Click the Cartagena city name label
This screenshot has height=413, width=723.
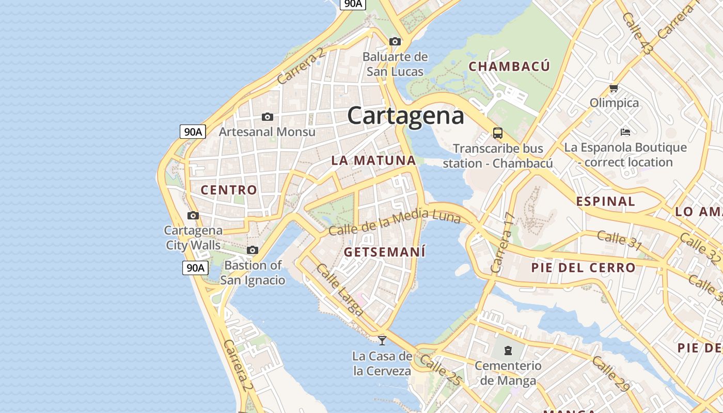405,116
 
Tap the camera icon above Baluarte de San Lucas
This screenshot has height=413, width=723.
395,41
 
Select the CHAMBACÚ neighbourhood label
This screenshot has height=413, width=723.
509,67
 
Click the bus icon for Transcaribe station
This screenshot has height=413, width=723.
498,133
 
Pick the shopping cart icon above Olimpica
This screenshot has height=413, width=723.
614,88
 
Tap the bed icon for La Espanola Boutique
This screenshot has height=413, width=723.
625,132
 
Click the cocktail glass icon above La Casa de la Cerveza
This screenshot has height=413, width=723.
382,340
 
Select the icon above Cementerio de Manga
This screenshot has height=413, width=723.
508,351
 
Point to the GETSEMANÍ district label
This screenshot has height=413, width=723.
385,252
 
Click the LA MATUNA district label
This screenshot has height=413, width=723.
373,161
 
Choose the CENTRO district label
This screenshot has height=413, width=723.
229,190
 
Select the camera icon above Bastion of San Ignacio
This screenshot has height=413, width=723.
253,250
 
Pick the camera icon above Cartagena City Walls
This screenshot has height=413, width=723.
193,215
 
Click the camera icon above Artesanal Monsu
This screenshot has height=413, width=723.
267,117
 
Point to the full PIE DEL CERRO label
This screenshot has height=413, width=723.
583,268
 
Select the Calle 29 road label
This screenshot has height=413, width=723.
611,374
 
